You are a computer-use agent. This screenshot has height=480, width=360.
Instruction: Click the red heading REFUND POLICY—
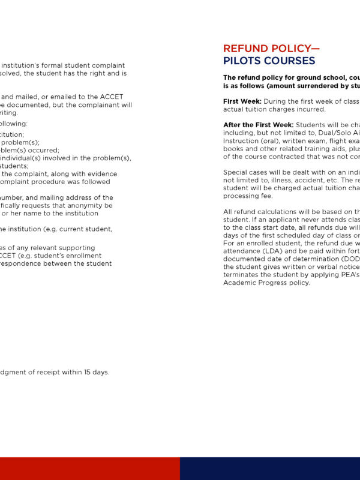coord(271,49)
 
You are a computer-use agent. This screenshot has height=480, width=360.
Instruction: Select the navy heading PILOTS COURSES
coord(269,61)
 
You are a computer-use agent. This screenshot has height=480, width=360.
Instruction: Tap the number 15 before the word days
coord(70,372)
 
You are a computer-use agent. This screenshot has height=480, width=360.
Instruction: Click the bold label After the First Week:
coord(258,125)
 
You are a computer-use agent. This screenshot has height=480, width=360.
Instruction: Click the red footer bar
coord(90,469)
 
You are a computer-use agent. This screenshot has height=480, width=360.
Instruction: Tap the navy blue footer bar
coord(270,469)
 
